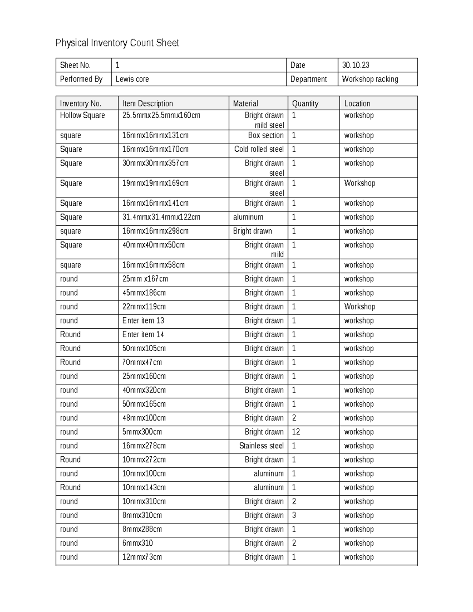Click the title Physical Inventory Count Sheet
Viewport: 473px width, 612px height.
[x=117, y=43]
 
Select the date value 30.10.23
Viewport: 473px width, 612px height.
[x=356, y=65]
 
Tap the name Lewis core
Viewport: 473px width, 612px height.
[x=132, y=79]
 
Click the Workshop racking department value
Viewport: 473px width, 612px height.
[x=370, y=79]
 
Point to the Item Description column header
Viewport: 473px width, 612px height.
[x=147, y=104]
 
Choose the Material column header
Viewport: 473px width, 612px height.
[x=245, y=104]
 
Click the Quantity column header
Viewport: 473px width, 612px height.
[x=305, y=104]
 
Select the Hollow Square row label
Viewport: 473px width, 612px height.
[x=82, y=115]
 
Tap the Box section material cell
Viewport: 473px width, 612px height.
[x=266, y=136]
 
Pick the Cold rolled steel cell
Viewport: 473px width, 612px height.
[x=259, y=149]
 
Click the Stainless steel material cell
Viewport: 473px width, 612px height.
[x=261, y=446]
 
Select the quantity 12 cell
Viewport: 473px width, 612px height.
[x=296, y=432]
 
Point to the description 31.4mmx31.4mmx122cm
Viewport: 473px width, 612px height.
[x=161, y=217]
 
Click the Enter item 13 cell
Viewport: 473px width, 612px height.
[x=143, y=321]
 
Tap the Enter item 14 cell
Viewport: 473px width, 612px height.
[x=143, y=335]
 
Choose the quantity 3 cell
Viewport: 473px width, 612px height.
[x=294, y=515]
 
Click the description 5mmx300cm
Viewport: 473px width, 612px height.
[x=142, y=432]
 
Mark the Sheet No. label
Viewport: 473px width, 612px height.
[x=75, y=65]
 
